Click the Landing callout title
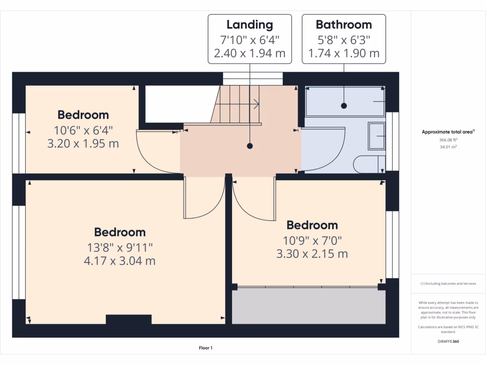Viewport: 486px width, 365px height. coord(250,25)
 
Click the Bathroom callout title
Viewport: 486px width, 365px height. coord(344,25)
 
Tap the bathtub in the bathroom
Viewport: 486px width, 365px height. coord(345,101)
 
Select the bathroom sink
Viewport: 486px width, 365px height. coord(376,136)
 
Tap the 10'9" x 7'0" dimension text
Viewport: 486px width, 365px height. coord(312,240)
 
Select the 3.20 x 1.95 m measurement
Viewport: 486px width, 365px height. coord(83,143)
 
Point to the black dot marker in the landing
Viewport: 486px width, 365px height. coord(250,146)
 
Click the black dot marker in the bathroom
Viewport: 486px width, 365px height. coord(344,106)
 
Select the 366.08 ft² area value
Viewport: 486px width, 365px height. coord(448,140)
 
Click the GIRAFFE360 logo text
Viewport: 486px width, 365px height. coord(448,342)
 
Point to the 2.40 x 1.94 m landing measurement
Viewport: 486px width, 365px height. coord(250,53)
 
